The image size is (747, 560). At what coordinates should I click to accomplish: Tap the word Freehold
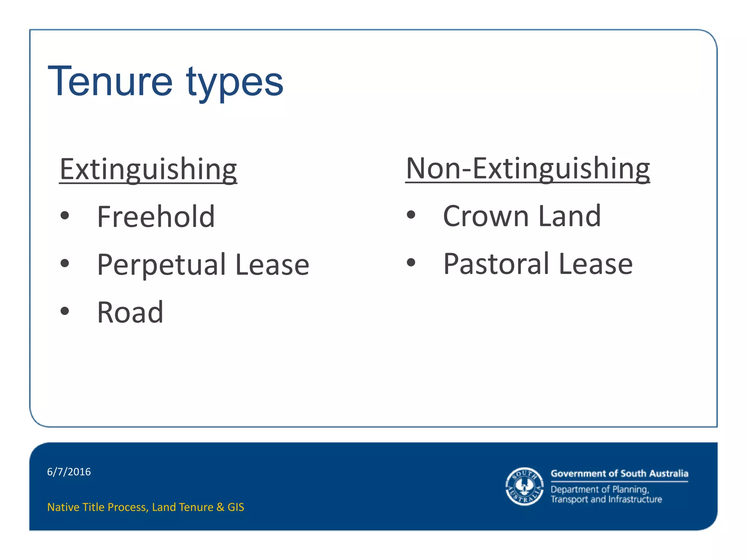tap(156, 217)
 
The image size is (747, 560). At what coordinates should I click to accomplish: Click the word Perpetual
tap(162, 265)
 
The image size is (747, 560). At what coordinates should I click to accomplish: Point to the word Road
tap(130, 312)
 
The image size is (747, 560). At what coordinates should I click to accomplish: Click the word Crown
tap(486, 216)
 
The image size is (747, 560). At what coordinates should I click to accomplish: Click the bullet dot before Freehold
tap(65, 215)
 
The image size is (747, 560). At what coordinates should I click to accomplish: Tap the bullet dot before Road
tap(65, 311)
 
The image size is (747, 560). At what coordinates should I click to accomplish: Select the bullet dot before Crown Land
tap(411, 215)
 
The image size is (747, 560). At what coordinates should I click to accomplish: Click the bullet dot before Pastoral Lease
tap(411, 262)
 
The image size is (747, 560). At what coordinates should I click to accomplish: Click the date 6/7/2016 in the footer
tap(69, 472)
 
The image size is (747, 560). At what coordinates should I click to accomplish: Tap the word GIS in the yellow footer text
tap(236, 507)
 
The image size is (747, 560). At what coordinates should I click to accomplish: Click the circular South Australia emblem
tap(524, 486)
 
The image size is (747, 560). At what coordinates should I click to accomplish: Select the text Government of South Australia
tap(619, 474)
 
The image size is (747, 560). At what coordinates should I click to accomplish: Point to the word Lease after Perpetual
tap(272, 265)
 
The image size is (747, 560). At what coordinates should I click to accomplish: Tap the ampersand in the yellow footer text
tap(220, 507)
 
